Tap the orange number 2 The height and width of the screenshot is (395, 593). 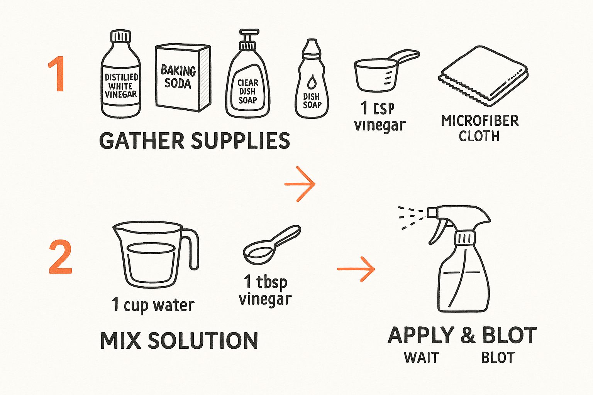61,257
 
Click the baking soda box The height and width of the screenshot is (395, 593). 183,78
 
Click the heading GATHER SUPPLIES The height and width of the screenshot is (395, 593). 195,140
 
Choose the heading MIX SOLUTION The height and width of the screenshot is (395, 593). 179,341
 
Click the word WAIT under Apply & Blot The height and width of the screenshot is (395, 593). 421,358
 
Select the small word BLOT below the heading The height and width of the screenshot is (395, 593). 498,358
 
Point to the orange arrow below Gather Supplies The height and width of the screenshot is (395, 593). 300,184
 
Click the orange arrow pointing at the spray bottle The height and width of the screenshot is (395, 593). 356,269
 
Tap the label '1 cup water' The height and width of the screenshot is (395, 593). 153,305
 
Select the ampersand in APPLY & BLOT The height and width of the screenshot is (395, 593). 468,336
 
